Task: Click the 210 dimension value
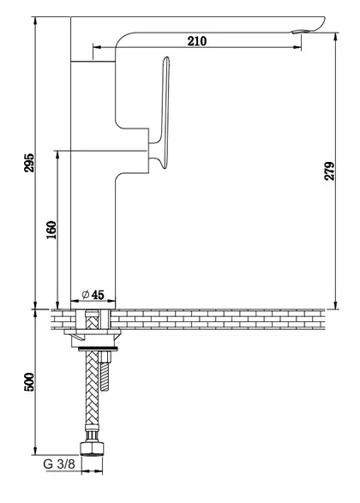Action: pos(197,41)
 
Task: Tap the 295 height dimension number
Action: pos(29,163)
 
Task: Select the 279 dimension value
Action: pos(329,171)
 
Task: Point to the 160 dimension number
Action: pos(51,230)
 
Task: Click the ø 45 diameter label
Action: pos(93,295)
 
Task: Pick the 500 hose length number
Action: pos(29,381)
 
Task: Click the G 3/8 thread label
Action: pos(59,464)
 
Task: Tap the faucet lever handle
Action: pos(163,112)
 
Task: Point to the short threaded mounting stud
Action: pos(105,371)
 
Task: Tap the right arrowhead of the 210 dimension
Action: pos(297,47)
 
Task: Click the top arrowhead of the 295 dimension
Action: pos(35,21)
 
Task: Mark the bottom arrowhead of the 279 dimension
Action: pos(336,305)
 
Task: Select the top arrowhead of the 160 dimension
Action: pos(57,154)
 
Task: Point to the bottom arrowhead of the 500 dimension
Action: pos(35,451)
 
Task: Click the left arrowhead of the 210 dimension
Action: pos(97,47)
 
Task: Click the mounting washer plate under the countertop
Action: pos(93,332)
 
